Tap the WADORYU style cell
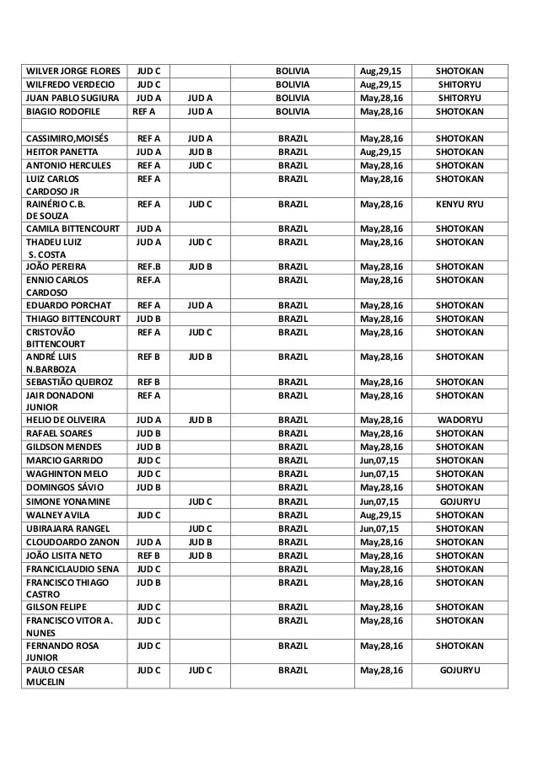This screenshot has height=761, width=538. (460, 419)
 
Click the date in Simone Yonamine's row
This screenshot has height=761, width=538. (380, 500)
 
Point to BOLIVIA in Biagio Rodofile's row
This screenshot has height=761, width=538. (293, 110)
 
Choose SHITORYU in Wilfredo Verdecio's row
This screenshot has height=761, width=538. (460, 83)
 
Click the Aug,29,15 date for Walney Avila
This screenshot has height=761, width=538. (380, 514)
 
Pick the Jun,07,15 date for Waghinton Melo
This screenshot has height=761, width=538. (380, 474)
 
